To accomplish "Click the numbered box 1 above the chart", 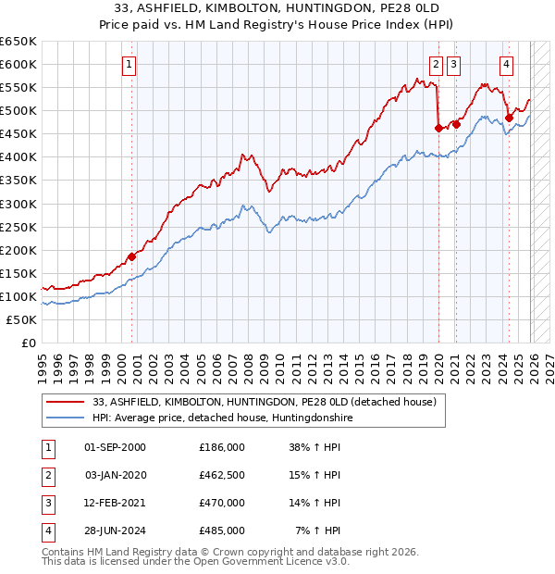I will pos(129,64).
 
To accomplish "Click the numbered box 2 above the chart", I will pos(436,64).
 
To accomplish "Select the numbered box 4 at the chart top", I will pos(507,64).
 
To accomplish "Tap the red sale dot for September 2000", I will pos(131,256).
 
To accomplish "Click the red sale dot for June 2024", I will pos(509,117).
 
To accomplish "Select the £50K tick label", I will pos(22,319).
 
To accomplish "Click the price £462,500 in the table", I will pos(222,475).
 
